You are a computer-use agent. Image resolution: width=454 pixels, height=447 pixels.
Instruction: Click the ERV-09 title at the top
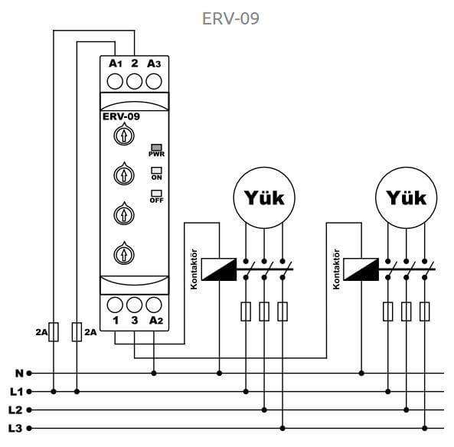tap(230, 18)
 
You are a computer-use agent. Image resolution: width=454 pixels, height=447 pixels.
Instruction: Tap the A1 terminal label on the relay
tap(116, 64)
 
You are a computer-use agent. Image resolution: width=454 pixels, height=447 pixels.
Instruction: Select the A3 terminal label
tap(153, 64)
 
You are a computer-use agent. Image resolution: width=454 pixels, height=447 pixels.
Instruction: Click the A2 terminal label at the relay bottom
tap(156, 321)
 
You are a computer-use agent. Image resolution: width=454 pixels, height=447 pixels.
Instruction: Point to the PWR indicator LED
tap(156, 148)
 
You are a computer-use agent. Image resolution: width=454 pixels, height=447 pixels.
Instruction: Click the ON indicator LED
tap(156, 170)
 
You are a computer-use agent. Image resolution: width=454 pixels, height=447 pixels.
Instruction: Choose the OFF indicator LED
tap(156, 193)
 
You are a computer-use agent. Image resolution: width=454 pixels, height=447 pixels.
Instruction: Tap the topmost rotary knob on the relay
tap(124, 134)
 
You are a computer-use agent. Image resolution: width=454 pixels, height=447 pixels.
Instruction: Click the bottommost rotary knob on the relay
tap(124, 253)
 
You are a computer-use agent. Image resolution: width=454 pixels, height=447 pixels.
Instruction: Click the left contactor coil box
tap(219, 269)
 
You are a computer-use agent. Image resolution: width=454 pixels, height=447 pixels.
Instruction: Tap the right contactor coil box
tap(361, 269)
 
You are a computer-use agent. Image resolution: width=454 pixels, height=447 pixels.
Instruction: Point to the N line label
tap(19, 374)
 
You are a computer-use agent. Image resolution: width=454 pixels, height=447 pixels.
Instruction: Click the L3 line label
tap(15, 428)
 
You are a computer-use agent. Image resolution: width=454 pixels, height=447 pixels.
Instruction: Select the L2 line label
tap(15, 410)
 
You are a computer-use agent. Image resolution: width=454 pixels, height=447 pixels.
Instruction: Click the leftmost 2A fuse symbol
tap(54, 331)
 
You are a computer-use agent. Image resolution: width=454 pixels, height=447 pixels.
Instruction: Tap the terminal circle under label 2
tap(134, 81)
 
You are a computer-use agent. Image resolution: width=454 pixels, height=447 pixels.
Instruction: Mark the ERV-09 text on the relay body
tap(121, 116)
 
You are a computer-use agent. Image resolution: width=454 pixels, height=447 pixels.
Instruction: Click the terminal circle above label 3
tap(134, 305)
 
